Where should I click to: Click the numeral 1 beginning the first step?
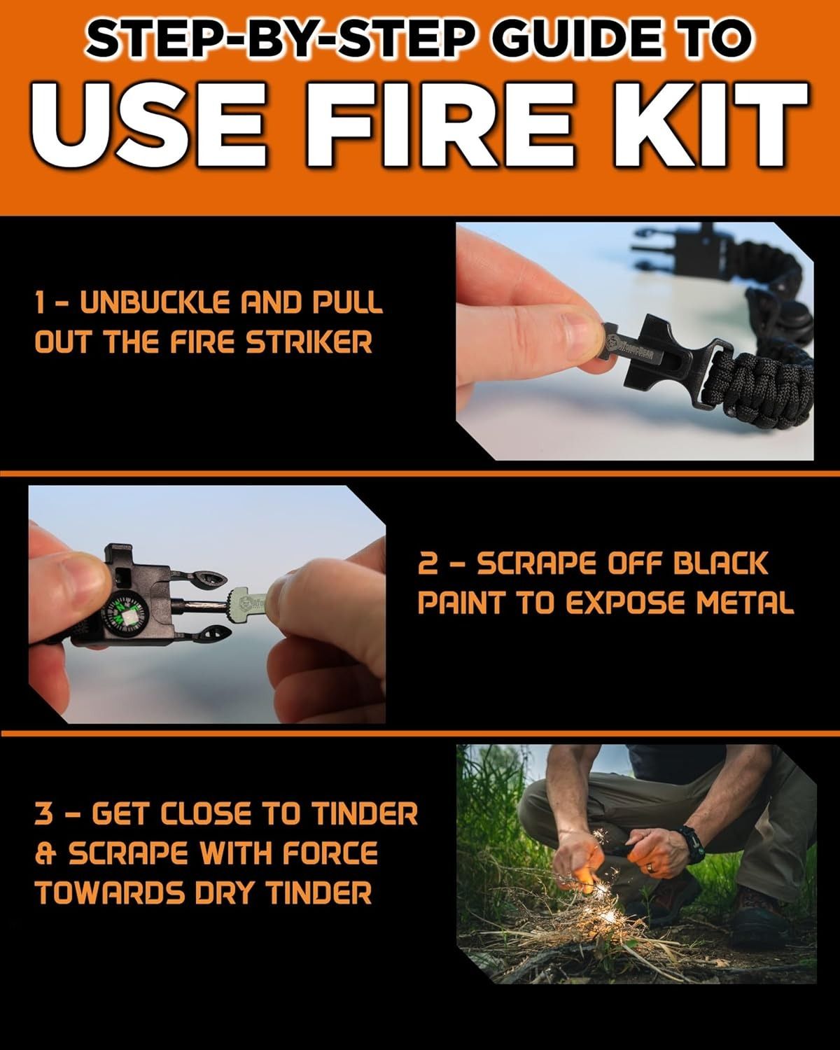[41, 303]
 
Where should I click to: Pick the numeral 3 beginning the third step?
[45, 814]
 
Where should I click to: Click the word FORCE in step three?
[330, 853]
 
